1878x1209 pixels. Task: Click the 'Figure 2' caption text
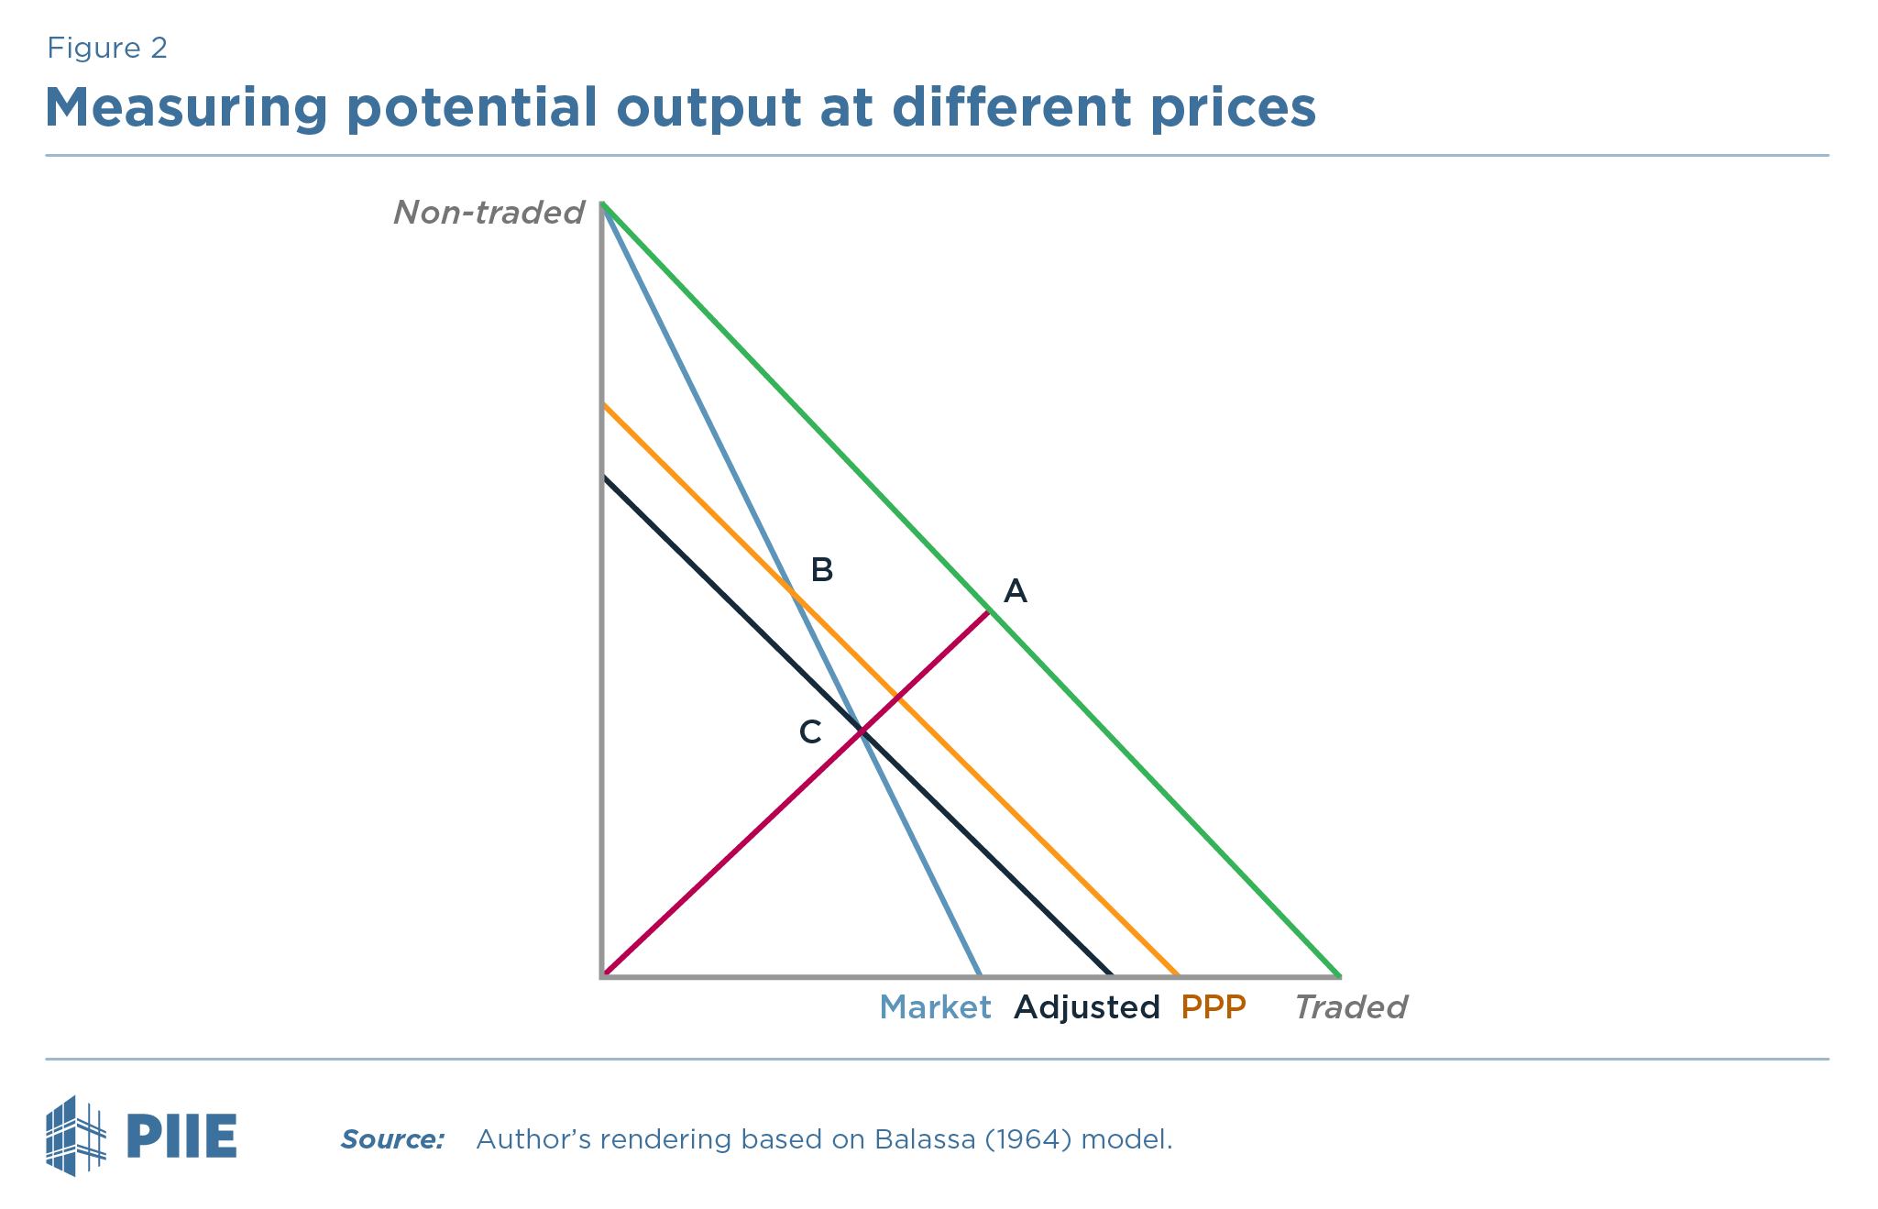point(107,49)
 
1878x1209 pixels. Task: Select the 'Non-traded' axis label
point(489,213)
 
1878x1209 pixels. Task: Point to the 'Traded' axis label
point(1350,1007)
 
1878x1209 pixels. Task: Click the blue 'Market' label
point(935,1007)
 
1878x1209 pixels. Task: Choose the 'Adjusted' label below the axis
point(1087,1007)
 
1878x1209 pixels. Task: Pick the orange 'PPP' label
point(1214,1007)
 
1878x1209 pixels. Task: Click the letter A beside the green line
point(1016,591)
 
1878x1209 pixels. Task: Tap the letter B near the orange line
point(822,570)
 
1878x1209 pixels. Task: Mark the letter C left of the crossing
point(810,731)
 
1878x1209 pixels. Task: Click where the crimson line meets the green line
point(988,610)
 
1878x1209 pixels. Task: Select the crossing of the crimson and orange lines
point(897,698)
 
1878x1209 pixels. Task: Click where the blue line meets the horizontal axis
point(981,975)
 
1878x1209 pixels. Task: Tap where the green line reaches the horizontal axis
point(1339,975)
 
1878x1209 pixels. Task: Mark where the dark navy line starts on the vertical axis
point(603,477)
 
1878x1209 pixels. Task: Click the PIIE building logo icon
point(75,1136)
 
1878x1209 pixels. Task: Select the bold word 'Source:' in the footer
point(392,1139)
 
